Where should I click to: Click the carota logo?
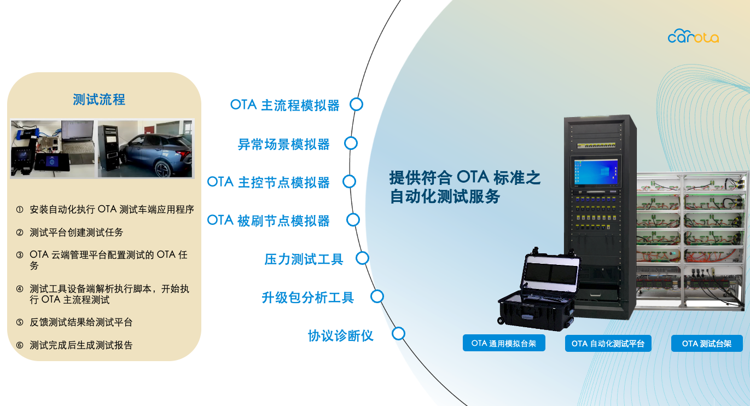(693, 36)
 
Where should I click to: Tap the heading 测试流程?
(99, 100)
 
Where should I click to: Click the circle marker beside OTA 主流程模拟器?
(356, 105)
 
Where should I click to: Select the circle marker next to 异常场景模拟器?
(351, 143)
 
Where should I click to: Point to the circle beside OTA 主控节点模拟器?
(349, 182)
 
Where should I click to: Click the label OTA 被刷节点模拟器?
(269, 221)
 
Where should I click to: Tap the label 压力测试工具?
(304, 259)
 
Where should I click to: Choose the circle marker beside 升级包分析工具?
(377, 297)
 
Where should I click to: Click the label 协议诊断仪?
(340, 335)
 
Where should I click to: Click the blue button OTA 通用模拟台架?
(504, 343)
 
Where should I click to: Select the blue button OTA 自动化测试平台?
(608, 344)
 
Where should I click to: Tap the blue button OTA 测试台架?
(707, 344)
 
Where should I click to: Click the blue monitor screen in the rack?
(596, 172)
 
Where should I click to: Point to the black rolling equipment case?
(539, 291)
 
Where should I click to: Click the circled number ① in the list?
(20, 210)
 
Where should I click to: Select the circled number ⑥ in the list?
(20, 345)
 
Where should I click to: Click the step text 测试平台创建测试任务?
(77, 233)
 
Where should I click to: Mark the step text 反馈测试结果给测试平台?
(81, 322)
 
